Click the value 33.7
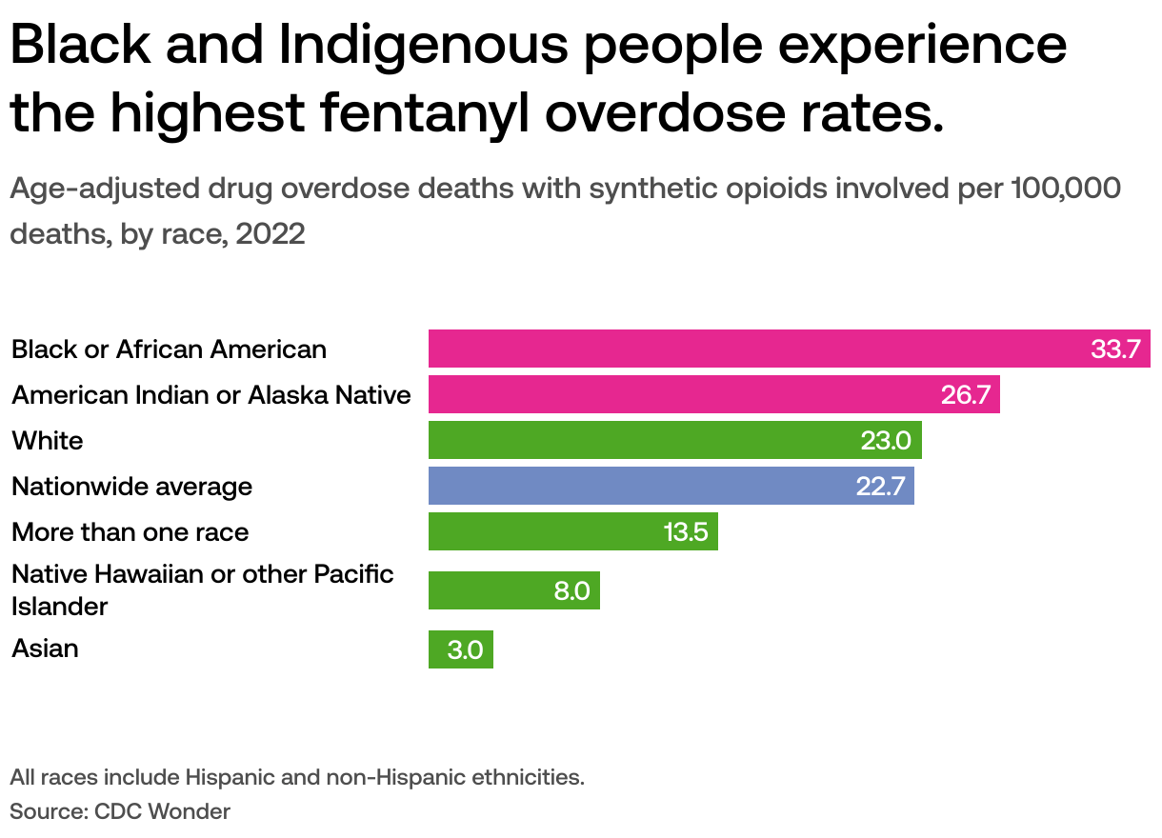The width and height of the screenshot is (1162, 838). [x=1115, y=349]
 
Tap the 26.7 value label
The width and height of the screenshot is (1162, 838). [x=966, y=395]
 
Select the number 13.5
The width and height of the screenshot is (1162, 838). [x=686, y=532]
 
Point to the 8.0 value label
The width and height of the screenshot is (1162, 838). [x=571, y=591]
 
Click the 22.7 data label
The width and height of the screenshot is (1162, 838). [x=880, y=487]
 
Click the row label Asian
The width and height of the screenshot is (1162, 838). [x=45, y=648]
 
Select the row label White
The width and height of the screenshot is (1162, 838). [x=47, y=441]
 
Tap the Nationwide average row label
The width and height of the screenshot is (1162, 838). [x=131, y=487]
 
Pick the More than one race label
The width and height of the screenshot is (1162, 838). [x=130, y=532]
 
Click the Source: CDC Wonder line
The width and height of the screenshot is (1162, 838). [x=120, y=811]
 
